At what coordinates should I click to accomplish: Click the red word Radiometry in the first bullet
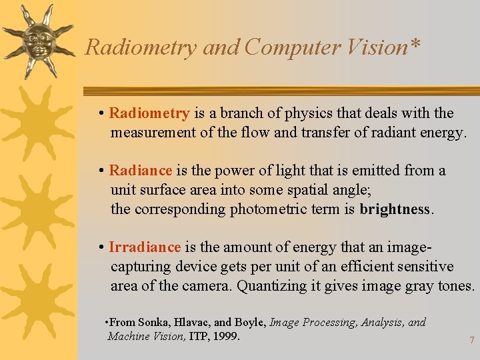tap(149, 113)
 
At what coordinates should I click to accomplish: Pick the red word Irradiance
tap(145, 247)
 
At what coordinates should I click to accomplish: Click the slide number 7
tap(471, 340)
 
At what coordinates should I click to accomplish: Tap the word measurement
tap(153, 133)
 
